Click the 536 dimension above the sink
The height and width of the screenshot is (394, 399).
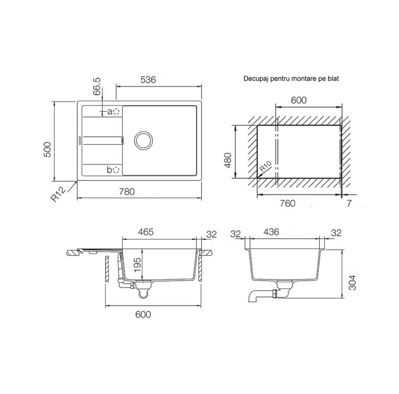pyautogui.click(x=148, y=80)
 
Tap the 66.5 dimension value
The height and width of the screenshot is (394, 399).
pyautogui.click(x=97, y=87)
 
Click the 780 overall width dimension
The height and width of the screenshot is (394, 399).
pyautogui.click(x=127, y=192)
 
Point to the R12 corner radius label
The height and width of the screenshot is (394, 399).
pyautogui.click(x=58, y=194)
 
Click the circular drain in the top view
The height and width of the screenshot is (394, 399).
pyautogui.click(x=143, y=141)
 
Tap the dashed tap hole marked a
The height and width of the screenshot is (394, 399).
pyautogui.click(x=116, y=112)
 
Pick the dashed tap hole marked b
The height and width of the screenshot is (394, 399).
pyautogui.click(x=116, y=170)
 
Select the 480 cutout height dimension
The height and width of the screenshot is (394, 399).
pyautogui.click(x=227, y=160)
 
